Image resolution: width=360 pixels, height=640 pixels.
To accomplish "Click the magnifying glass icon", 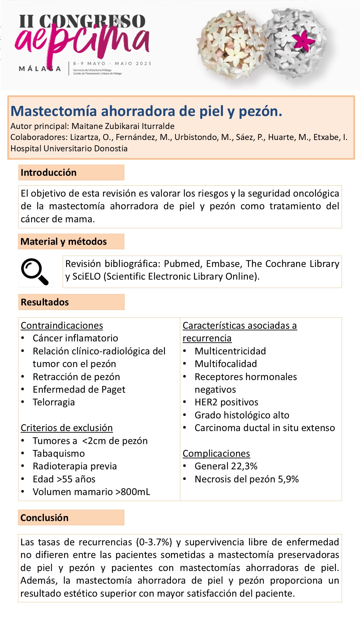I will click(x=35, y=271).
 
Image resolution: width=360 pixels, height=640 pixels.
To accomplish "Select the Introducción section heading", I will click(x=49, y=172).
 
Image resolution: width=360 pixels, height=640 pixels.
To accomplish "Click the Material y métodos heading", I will click(x=64, y=241).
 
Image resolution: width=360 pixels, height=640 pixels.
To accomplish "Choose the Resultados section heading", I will click(x=45, y=302).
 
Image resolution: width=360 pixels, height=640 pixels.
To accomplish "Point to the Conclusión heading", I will click(x=44, y=518).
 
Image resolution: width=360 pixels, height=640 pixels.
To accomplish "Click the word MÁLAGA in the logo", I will click(x=40, y=69).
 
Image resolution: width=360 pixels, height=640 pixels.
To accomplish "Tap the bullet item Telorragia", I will click(x=54, y=402).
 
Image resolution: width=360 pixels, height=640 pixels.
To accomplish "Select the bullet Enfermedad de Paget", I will click(x=79, y=389).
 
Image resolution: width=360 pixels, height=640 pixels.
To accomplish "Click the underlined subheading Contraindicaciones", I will click(x=62, y=325).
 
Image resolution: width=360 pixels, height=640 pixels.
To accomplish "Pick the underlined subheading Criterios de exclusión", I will click(x=67, y=428).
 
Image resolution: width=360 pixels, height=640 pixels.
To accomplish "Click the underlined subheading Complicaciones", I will click(x=216, y=453).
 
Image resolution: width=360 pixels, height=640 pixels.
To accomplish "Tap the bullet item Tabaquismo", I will click(x=59, y=453).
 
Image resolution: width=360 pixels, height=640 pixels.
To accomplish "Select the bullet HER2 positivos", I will click(x=226, y=402).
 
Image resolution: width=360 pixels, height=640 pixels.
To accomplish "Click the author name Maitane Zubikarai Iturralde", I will click(x=123, y=126).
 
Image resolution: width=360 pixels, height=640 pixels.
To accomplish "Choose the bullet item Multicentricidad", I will click(x=230, y=351).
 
